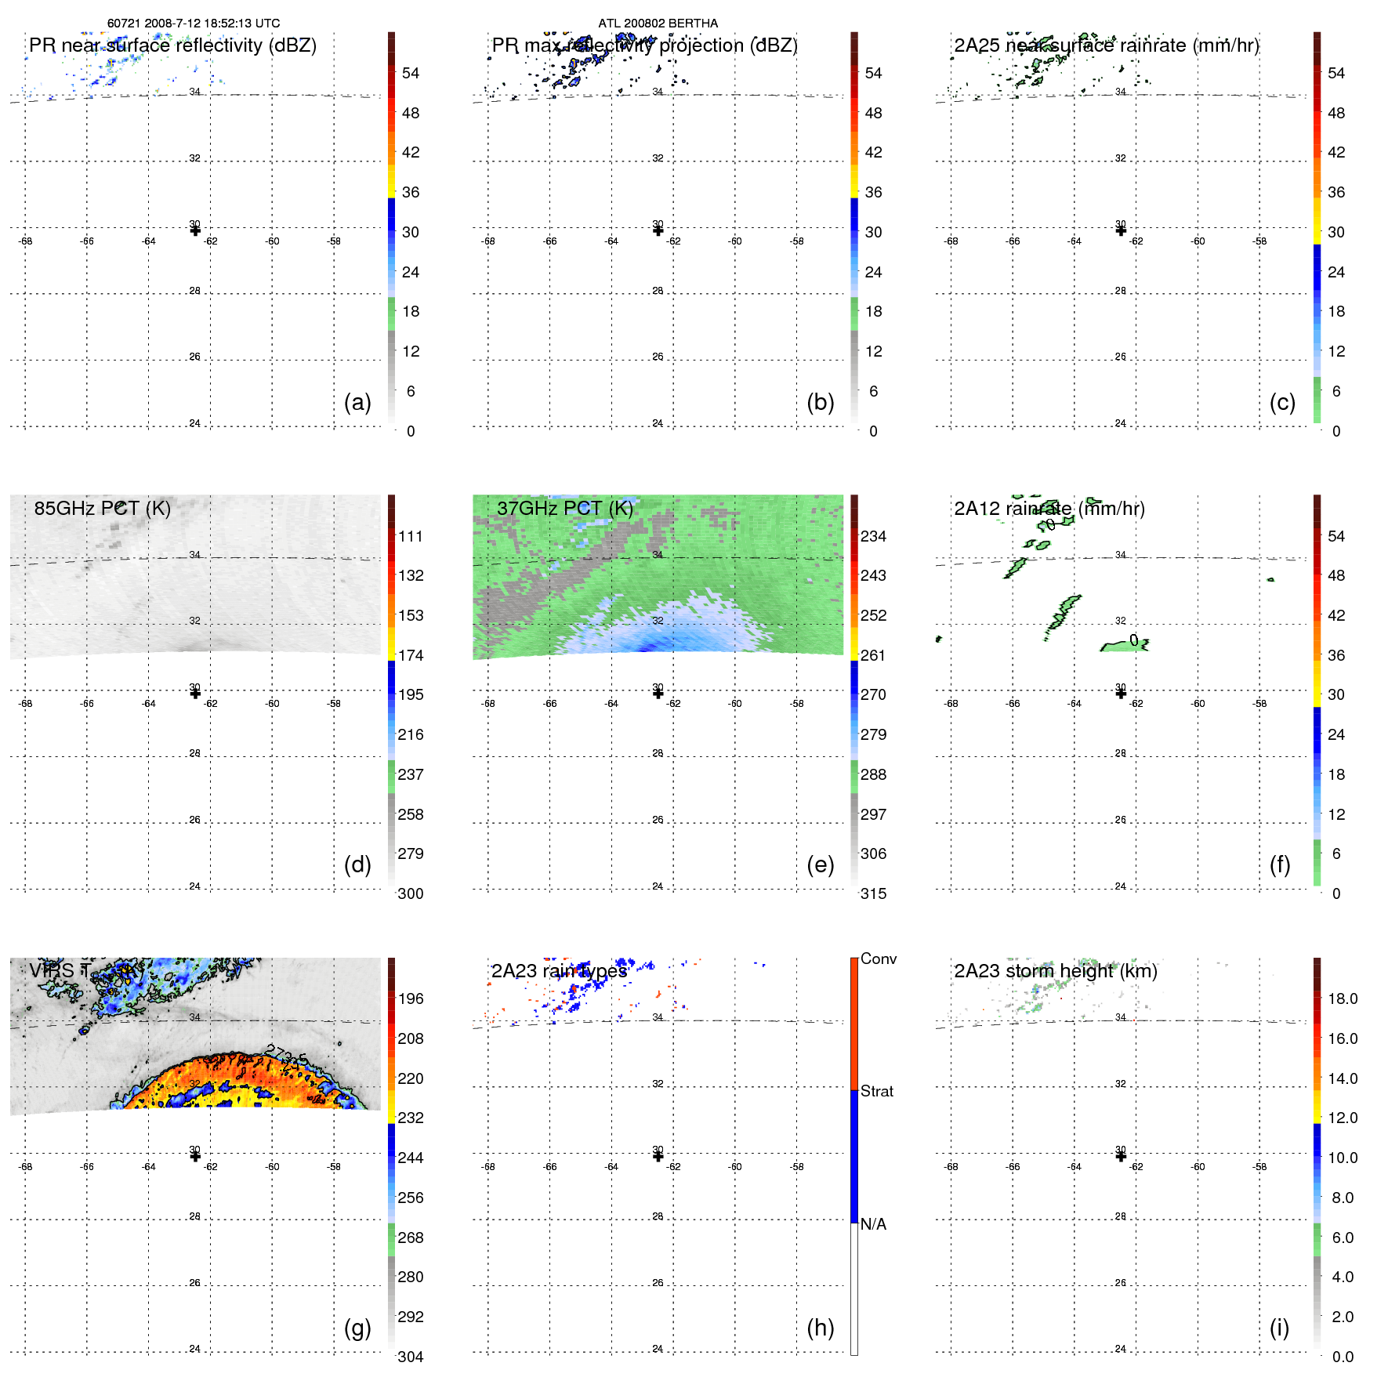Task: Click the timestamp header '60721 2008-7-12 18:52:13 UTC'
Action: click(193, 24)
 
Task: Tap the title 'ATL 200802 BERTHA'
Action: click(658, 24)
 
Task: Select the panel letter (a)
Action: click(357, 402)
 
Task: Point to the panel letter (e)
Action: click(820, 864)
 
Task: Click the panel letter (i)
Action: click(1279, 1328)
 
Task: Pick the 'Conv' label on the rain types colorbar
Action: click(879, 959)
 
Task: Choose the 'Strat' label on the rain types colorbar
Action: click(877, 1091)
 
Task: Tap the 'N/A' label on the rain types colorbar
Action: click(873, 1224)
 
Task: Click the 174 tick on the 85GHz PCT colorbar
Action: click(411, 655)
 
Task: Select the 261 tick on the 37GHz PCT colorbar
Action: click(873, 655)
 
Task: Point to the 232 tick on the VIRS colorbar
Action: click(411, 1118)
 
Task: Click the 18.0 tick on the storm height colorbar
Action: click(1342, 998)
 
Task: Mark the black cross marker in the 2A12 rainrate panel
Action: click(1121, 693)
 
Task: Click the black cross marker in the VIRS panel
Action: click(195, 1156)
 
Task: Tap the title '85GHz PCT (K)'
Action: click(103, 508)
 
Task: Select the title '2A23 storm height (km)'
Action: click(1056, 971)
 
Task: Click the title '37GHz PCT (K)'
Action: click(565, 508)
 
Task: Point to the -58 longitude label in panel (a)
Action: click(335, 241)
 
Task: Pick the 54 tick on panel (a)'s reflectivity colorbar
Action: click(411, 73)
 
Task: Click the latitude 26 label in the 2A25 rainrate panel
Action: click(1121, 357)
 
